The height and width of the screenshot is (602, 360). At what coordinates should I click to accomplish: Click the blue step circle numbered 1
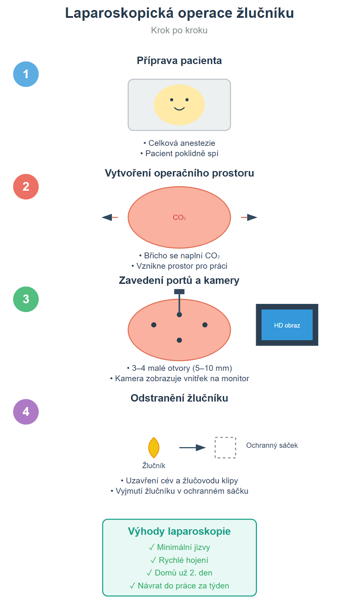click(x=26, y=74)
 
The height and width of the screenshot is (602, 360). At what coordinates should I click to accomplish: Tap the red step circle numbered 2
click(x=26, y=187)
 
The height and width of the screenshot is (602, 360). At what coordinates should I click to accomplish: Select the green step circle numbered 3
click(x=26, y=299)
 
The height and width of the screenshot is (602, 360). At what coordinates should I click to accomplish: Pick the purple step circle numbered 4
click(x=26, y=412)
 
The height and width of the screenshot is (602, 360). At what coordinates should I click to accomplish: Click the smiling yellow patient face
click(x=179, y=105)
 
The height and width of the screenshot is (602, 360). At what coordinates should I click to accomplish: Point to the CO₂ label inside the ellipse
click(x=179, y=217)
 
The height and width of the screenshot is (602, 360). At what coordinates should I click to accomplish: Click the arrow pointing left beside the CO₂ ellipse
click(x=110, y=217)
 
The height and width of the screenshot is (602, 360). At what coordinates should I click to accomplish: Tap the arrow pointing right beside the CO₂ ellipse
click(x=249, y=217)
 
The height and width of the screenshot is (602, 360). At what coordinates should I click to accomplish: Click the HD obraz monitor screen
click(x=287, y=325)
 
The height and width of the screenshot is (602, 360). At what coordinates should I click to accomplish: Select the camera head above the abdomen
click(x=179, y=292)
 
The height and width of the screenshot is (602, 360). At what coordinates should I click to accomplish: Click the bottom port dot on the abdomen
click(x=179, y=340)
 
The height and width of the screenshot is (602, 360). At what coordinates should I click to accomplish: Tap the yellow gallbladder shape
click(x=154, y=448)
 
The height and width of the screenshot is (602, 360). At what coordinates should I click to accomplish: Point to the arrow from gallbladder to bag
click(x=192, y=447)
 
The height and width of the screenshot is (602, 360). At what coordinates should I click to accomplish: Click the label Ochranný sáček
click(x=272, y=445)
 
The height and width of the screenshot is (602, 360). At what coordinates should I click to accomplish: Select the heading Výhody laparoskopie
click(x=179, y=531)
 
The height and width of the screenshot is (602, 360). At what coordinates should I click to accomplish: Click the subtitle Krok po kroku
click(x=179, y=30)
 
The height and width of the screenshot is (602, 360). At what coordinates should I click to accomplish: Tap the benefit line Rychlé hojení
click(x=179, y=560)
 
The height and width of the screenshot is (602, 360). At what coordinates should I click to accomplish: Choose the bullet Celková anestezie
click(x=179, y=143)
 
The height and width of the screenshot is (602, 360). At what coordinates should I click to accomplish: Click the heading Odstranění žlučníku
click(x=179, y=398)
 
